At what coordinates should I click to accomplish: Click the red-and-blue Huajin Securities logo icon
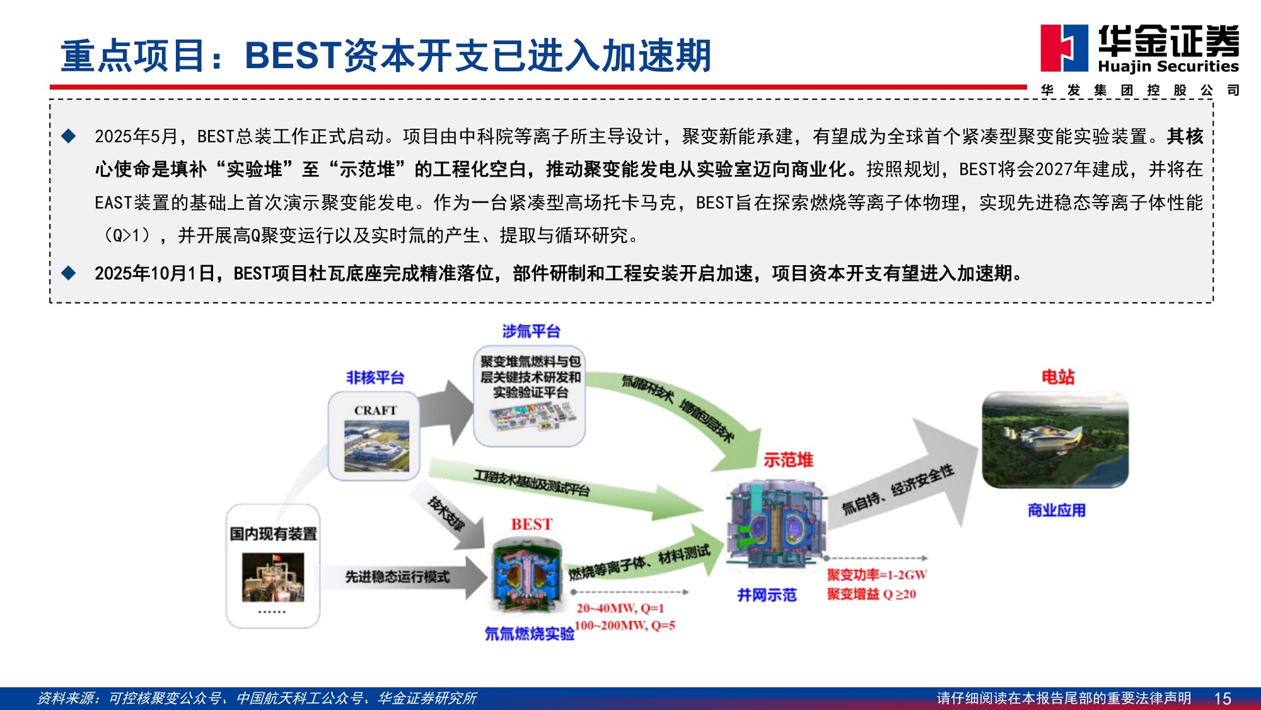[x=1064, y=48]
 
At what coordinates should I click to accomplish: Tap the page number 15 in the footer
[x=1222, y=699]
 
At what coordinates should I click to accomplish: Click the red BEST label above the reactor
[x=532, y=524]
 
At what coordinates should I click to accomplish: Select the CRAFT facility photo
[x=376, y=446]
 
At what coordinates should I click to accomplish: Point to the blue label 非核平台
[x=375, y=377]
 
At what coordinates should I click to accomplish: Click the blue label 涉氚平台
[x=531, y=331]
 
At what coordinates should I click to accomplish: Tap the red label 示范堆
[x=788, y=460]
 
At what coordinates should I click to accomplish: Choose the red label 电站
[x=1057, y=377]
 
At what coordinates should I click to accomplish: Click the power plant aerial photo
[x=1055, y=440]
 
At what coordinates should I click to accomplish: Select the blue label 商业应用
[x=1056, y=510]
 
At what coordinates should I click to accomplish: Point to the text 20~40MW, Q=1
[x=620, y=608]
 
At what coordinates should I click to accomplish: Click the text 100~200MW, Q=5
[x=625, y=625]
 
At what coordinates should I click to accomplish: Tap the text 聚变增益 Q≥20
[x=871, y=594]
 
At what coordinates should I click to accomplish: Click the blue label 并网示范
[x=767, y=595]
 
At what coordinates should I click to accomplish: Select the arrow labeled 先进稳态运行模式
[x=404, y=577]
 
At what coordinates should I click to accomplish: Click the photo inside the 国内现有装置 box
[x=273, y=577]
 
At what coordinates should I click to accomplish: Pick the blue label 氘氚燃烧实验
[x=529, y=634]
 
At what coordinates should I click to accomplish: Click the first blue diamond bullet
[x=69, y=136]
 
